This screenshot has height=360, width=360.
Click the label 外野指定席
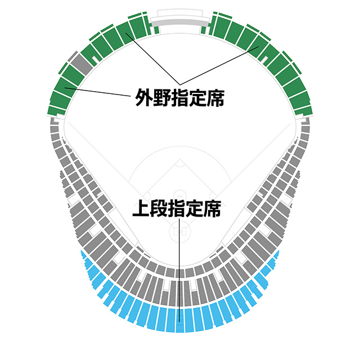click(x=180, y=98)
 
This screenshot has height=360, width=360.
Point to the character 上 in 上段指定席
click(x=141, y=210)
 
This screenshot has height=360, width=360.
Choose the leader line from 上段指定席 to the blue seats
click(x=179, y=270)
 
